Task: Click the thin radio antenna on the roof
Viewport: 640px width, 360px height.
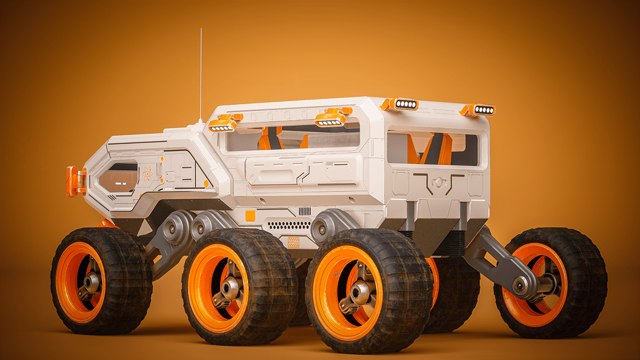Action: point(201,75)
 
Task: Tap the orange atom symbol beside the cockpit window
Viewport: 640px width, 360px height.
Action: point(148,173)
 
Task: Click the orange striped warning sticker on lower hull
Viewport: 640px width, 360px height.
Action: point(293,242)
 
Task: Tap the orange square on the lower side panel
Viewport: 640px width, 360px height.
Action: point(250,215)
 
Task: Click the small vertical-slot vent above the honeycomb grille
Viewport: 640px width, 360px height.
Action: point(305,211)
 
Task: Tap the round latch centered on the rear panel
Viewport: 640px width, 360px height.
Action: point(439,182)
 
